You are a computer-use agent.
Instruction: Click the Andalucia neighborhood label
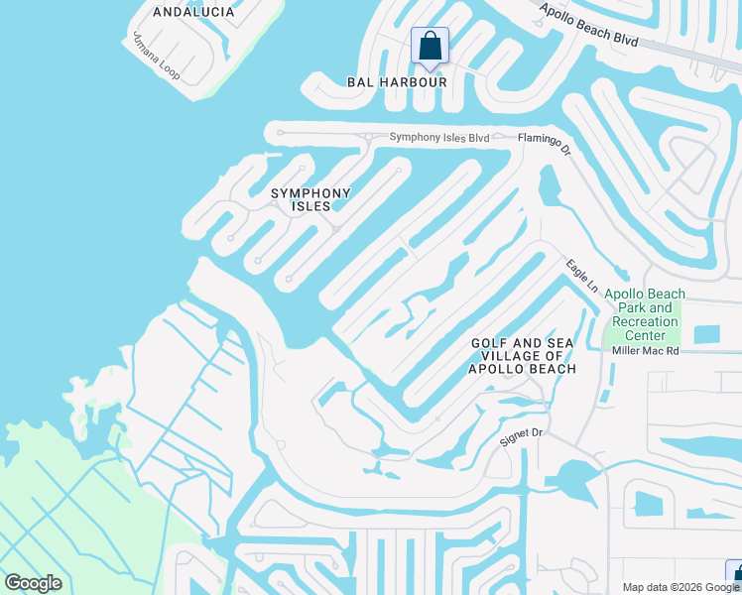(194, 12)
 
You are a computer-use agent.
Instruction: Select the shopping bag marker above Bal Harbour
(430, 46)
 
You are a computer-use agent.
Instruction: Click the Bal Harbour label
(396, 81)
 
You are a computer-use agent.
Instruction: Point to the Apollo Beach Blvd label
(591, 25)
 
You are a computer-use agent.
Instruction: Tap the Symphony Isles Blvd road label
(439, 137)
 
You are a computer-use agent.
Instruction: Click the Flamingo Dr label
(545, 147)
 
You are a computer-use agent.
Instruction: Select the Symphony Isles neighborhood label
(311, 199)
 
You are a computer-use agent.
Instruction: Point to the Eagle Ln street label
(582, 275)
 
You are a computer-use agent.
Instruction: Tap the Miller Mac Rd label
(645, 350)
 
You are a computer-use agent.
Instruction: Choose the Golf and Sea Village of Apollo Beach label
(523, 356)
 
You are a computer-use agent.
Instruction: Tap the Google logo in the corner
(33, 583)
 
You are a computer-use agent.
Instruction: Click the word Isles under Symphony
(311, 206)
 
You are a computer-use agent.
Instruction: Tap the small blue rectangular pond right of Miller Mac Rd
(707, 334)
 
